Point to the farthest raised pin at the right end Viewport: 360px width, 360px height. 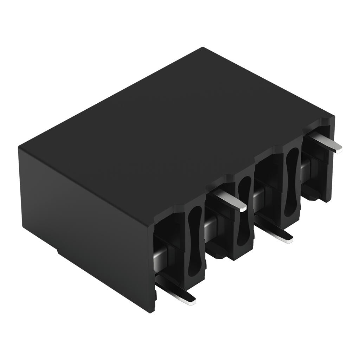[x=325, y=143]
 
